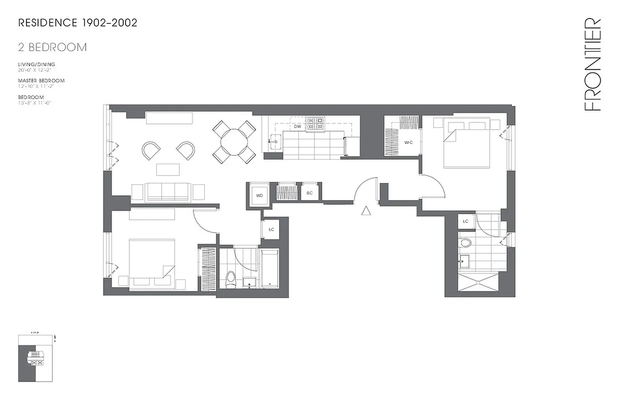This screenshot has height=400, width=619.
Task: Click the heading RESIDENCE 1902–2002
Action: tap(78, 23)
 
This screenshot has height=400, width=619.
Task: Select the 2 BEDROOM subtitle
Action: tap(53, 47)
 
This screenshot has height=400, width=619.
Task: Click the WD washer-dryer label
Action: tap(259, 195)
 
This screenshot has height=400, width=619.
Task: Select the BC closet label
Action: tap(310, 193)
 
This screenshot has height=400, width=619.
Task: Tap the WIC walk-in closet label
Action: tap(408, 142)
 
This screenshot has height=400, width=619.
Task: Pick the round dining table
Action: tap(234, 142)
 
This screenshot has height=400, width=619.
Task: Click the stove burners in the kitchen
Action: tap(315, 123)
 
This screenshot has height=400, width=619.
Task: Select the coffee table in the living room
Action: tap(168, 169)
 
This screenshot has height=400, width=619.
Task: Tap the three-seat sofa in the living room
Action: tap(167, 191)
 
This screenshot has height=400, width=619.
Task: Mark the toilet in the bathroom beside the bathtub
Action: tap(231, 276)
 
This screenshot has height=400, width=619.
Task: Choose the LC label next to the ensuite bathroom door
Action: tap(465, 221)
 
